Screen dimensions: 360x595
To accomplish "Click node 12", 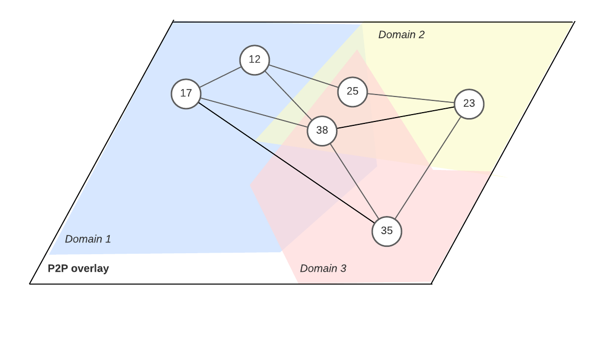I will click(255, 60).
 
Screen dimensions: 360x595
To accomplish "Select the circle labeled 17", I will click(186, 94).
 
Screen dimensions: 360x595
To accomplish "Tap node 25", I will click(353, 92).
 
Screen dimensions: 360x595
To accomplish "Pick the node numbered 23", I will click(469, 104).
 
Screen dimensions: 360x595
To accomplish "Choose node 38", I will click(322, 131).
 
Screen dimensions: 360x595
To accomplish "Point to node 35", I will click(387, 231).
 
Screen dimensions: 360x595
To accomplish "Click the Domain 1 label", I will click(88, 239).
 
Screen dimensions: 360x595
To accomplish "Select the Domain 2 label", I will click(402, 35).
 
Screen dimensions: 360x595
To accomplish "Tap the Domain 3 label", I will click(323, 268).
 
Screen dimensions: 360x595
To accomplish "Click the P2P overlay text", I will click(78, 268).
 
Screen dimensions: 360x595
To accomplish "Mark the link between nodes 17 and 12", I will click(220, 77).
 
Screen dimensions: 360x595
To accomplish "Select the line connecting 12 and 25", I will click(304, 76).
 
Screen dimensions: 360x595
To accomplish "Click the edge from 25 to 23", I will click(411, 98).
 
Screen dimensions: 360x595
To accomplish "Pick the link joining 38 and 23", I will click(396, 118).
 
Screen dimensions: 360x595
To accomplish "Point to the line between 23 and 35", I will click(428, 168).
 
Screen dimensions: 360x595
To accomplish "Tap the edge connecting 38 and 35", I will click(355, 181).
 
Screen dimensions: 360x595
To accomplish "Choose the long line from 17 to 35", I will click(286, 163).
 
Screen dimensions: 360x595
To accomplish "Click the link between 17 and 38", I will click(254, 112).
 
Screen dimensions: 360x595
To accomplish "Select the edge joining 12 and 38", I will click(288, 96).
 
